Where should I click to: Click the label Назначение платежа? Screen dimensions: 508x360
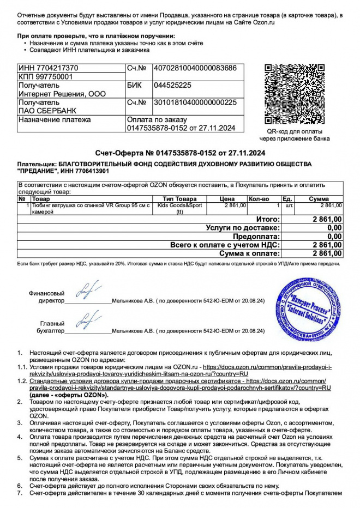55,119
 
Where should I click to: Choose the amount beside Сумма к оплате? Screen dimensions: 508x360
327,253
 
